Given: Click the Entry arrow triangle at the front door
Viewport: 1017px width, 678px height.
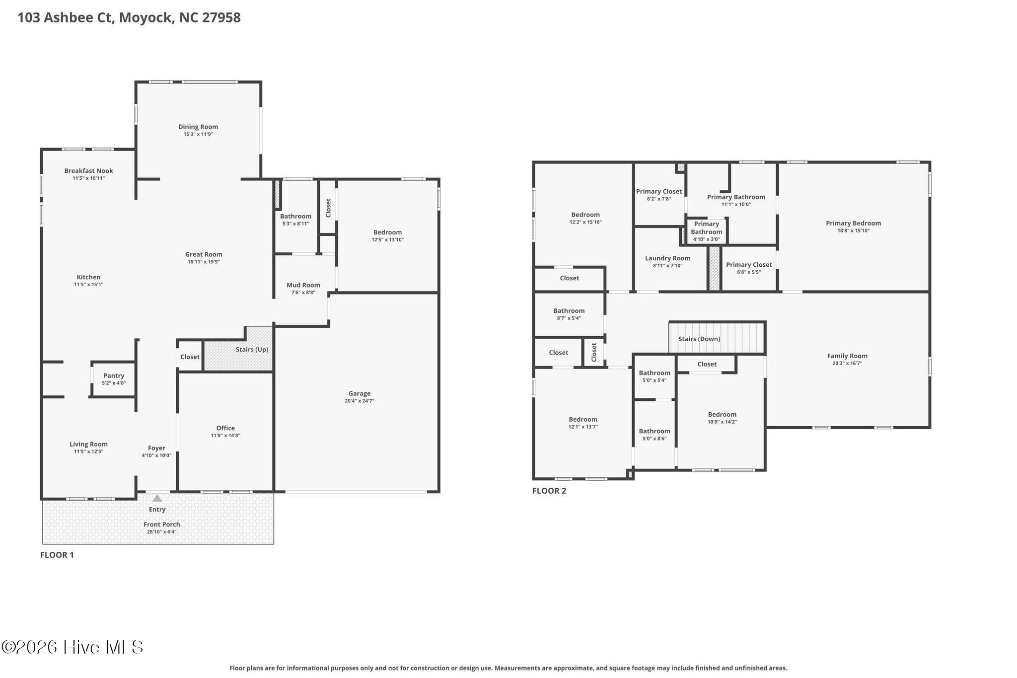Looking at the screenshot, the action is point(157,498).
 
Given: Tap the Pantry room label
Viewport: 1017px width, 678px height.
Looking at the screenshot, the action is point(114,376).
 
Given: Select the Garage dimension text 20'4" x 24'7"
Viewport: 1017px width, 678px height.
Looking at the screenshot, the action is point(360,401).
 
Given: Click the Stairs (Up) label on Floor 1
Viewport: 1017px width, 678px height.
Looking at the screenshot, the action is point(252,349).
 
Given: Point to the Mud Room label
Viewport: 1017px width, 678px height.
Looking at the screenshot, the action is point(303,285).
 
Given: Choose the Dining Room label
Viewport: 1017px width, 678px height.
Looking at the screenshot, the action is point(198,127).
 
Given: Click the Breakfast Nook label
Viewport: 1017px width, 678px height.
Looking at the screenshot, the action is point(88,171).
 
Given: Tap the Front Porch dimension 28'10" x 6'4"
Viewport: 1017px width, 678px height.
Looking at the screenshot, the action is point(161,532).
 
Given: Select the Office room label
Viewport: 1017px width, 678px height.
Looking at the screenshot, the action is point(225,428).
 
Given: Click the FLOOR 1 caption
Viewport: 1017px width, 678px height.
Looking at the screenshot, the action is point(57,555).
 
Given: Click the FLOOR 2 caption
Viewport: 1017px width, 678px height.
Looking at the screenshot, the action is point(549,491).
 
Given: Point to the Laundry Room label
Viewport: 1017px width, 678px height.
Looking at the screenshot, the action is point(668,258).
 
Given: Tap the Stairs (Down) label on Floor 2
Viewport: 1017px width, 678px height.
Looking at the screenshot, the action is point(699,339).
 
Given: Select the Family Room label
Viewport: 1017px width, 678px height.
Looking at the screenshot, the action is point(847,356).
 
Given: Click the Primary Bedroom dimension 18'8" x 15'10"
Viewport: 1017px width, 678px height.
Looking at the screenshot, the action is point(853,230).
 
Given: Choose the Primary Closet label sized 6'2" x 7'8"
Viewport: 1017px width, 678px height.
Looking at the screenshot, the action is point(659,192).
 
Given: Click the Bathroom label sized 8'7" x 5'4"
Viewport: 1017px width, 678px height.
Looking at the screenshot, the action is point(569,311).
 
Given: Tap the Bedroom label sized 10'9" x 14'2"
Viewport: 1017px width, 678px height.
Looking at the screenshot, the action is point(722,415).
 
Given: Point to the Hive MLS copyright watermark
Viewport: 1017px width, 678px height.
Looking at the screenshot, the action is point(73,647).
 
